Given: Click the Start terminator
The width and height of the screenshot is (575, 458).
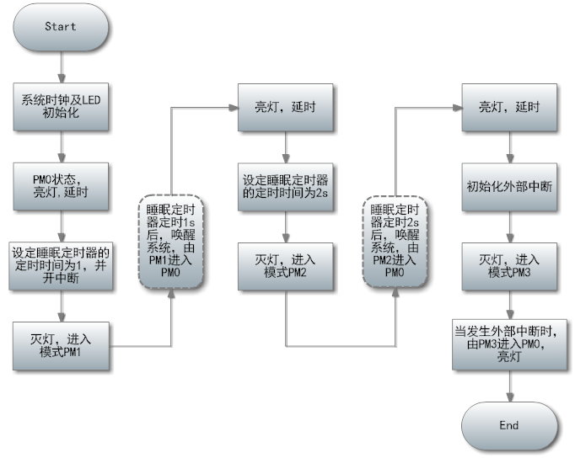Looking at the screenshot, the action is tap(61, 27).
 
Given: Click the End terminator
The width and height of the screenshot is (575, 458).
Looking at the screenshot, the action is tap(509, 426).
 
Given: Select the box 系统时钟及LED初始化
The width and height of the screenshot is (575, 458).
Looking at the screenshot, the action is tap(61, 107).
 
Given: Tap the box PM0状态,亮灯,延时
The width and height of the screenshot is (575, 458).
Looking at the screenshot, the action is tap(61, 186).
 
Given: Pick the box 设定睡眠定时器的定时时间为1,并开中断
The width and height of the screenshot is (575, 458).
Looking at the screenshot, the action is tap(61, 266).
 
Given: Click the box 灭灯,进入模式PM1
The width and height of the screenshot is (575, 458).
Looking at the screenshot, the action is tap(61, 346).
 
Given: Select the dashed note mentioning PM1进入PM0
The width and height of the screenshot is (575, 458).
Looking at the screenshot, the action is tap(171, 242).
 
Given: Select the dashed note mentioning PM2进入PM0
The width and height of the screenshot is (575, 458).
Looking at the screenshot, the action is tap(395, 242).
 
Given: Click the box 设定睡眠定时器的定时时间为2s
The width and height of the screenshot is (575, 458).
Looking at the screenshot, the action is tap(286, 187).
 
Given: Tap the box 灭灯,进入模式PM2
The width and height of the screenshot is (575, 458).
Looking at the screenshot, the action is tap(286, 267).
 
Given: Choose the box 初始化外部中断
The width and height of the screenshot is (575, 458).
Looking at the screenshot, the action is tap(509, 187).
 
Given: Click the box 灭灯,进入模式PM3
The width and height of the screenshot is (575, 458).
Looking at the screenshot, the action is tap(509, 267).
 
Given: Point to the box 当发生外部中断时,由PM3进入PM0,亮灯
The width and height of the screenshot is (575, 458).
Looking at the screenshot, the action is tap(509, 344).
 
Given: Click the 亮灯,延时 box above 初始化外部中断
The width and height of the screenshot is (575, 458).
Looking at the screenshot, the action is tap(509, 107).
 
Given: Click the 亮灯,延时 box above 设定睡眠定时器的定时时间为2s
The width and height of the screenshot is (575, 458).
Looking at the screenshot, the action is tap(286, 107).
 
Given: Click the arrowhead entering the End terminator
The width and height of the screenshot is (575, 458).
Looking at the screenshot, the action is tap(510, 397).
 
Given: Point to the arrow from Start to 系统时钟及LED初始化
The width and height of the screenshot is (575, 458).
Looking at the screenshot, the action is tap(62, 67).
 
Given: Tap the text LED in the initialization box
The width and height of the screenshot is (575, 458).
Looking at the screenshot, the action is tap(90, 100).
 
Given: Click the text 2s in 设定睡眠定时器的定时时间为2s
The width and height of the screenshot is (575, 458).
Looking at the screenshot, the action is tap(321, 193).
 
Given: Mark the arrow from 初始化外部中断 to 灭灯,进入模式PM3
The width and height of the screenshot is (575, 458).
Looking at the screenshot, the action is tap(510, 226).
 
